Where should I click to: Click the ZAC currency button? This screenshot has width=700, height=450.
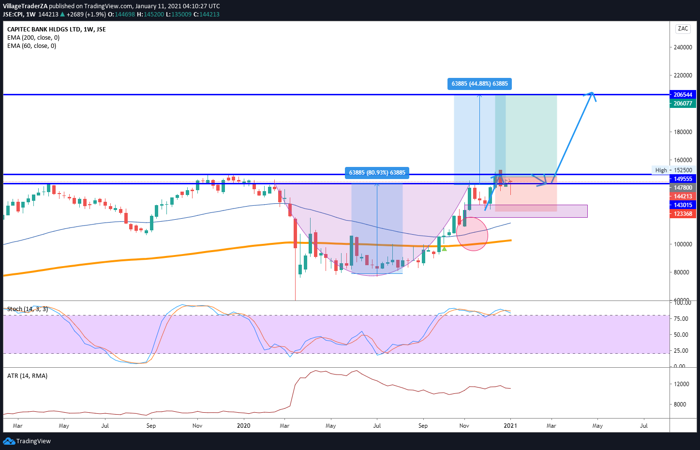[x=683, y=29]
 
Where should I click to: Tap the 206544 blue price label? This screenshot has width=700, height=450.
[x=682, y=95]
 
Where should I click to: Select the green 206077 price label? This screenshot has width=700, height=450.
[x=682, y=104]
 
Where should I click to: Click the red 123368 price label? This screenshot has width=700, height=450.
[x=682, y=214]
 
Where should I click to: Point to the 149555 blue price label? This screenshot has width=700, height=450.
[x=682, y=179]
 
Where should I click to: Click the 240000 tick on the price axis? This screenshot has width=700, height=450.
[x=683, y=47]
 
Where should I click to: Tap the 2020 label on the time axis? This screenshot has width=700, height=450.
[x=243, y=426]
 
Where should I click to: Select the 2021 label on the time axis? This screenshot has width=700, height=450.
[x=510, y=426]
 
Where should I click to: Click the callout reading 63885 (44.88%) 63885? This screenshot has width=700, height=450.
[x=479, y=84]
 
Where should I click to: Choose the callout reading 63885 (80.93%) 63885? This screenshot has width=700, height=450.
[x=377, y=173]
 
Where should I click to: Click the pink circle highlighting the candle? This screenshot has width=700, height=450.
[x=472, y=234]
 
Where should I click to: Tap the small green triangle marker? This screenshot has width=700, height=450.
[x=444, y=249]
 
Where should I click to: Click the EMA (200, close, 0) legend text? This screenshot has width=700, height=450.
[x=33, y=38]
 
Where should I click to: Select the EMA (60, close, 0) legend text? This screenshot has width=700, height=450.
[x=31, y=46]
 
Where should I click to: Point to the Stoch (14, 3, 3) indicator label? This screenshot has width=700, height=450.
[x=28, y=309]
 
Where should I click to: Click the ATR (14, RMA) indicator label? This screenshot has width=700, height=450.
[x=27, y=376]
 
